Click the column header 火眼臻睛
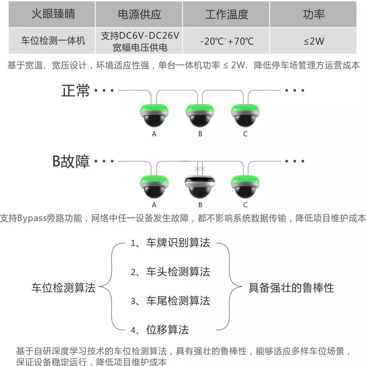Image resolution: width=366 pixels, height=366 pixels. pos(53,14)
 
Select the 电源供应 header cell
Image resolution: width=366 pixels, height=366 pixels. pos(139,14)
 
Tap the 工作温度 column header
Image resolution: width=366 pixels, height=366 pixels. pos(227,14)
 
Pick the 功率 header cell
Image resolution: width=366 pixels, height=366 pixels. pos(314,14)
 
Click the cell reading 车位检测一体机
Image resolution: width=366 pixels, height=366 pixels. pos(53,41)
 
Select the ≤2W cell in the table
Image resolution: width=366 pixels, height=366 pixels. pos(314,41)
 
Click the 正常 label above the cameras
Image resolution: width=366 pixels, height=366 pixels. pos(75,91)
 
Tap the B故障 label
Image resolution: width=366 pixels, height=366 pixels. pos(71,162)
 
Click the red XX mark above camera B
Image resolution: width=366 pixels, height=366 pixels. pos(200,169)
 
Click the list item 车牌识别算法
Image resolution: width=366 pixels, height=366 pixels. pos(178,243)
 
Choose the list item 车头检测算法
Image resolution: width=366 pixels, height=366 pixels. pos(178,272)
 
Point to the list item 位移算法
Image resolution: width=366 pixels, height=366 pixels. pos(167,330)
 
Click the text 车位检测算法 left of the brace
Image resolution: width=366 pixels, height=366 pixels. pos(63,287)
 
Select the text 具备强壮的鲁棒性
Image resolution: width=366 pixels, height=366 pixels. pos(291,287)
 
